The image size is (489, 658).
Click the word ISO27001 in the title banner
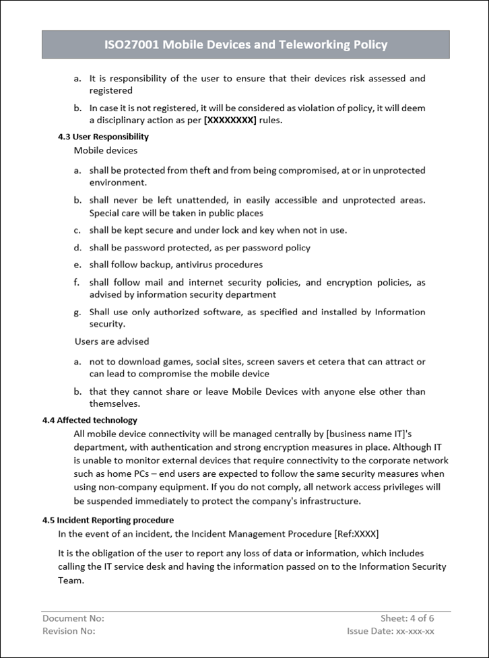[132, 45]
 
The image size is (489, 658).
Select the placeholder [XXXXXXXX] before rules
[230, 121]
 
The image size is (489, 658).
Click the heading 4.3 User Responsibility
[104, 137]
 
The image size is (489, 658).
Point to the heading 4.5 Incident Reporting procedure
[108, 520]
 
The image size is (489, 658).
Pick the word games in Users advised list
[178, 362]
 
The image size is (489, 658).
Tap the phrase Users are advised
[112, 341]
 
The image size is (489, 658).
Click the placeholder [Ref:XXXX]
[356, 534]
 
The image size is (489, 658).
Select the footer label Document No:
[73, 618]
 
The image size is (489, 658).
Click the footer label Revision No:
[69, 631]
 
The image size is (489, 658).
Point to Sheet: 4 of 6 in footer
[407, 618]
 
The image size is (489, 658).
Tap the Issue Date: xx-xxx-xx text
[391, 631]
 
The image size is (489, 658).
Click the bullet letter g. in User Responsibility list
[77, 312]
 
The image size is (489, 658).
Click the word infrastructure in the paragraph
[326, 501]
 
